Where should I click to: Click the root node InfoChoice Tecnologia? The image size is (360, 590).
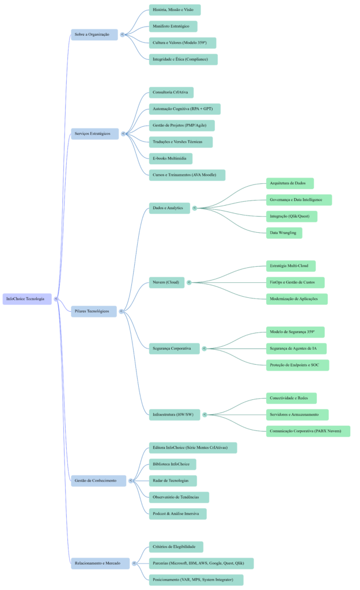coord(27,299)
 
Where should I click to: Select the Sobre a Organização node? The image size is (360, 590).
coord(94,35)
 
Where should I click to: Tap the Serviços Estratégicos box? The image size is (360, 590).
coord(94,134)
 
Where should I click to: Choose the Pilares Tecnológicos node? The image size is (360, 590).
coord(94,312)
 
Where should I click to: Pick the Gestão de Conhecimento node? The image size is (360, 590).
coord(98,481)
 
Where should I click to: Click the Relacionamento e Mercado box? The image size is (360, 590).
coord(100,563)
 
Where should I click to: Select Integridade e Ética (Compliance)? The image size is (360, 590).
coord(183,59)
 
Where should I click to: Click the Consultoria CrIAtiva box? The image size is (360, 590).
coord(171,93)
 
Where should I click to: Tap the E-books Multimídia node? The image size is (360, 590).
coord(170,158)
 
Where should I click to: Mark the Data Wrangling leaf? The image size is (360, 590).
coord(284,233)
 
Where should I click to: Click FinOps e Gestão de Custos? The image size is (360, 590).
coord(295,283)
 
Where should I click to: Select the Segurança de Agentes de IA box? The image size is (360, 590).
coord(296,349)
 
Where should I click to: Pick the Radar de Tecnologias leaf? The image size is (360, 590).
coord(172,481)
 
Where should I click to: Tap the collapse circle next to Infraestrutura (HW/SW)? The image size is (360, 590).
coord(204,414)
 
